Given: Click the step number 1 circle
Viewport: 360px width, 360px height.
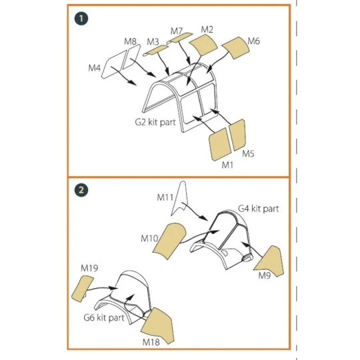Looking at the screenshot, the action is click(81, 19).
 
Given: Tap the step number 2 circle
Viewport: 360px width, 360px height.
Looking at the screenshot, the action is click(81, 190).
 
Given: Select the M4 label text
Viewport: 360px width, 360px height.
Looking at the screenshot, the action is click(95, 68).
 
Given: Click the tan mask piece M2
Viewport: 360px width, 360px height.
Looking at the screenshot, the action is click(203, 45).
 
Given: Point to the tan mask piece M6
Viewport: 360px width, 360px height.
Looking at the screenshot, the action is click(235, 48).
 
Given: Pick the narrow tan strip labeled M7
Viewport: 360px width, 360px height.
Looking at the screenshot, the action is click(180, 38).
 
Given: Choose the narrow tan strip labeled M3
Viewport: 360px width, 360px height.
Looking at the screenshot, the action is click(155, 51).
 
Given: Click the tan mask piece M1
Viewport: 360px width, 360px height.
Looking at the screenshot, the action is click(220, 145).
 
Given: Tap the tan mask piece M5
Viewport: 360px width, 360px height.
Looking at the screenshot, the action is click(238, 135).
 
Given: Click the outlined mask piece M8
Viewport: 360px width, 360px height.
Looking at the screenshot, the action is click(131, 57).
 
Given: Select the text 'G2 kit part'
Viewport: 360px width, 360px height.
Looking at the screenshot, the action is click(155, 122).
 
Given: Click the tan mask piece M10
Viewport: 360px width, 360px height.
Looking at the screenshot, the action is click(169, 241).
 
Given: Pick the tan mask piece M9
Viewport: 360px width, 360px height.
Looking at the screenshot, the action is click(271, 261).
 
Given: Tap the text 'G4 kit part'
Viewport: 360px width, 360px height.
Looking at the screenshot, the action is click(259, 209).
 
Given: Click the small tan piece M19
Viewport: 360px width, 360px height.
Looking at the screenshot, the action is click(83, 289).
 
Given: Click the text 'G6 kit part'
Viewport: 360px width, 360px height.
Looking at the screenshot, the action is click(104, 318).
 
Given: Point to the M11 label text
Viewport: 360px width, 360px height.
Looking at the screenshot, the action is click(165, 197).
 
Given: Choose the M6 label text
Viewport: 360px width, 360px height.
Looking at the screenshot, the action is click(254, 41).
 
